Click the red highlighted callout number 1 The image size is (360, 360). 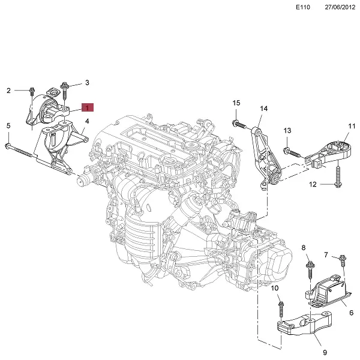pos(87,108)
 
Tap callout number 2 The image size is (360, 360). pos(9,91)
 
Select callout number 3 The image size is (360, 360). pos(87,82)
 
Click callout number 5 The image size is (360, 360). pos(8,125)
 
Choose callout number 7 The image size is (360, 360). pos(326,256)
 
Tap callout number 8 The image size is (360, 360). pos(303,248)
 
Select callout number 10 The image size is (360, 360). pos(275,289)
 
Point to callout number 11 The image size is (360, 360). pos(352,126)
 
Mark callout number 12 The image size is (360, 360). pos(313,184)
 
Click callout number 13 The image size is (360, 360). pos(287,131)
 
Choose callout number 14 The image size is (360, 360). pos(263,109)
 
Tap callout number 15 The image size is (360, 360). pos(236,103)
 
